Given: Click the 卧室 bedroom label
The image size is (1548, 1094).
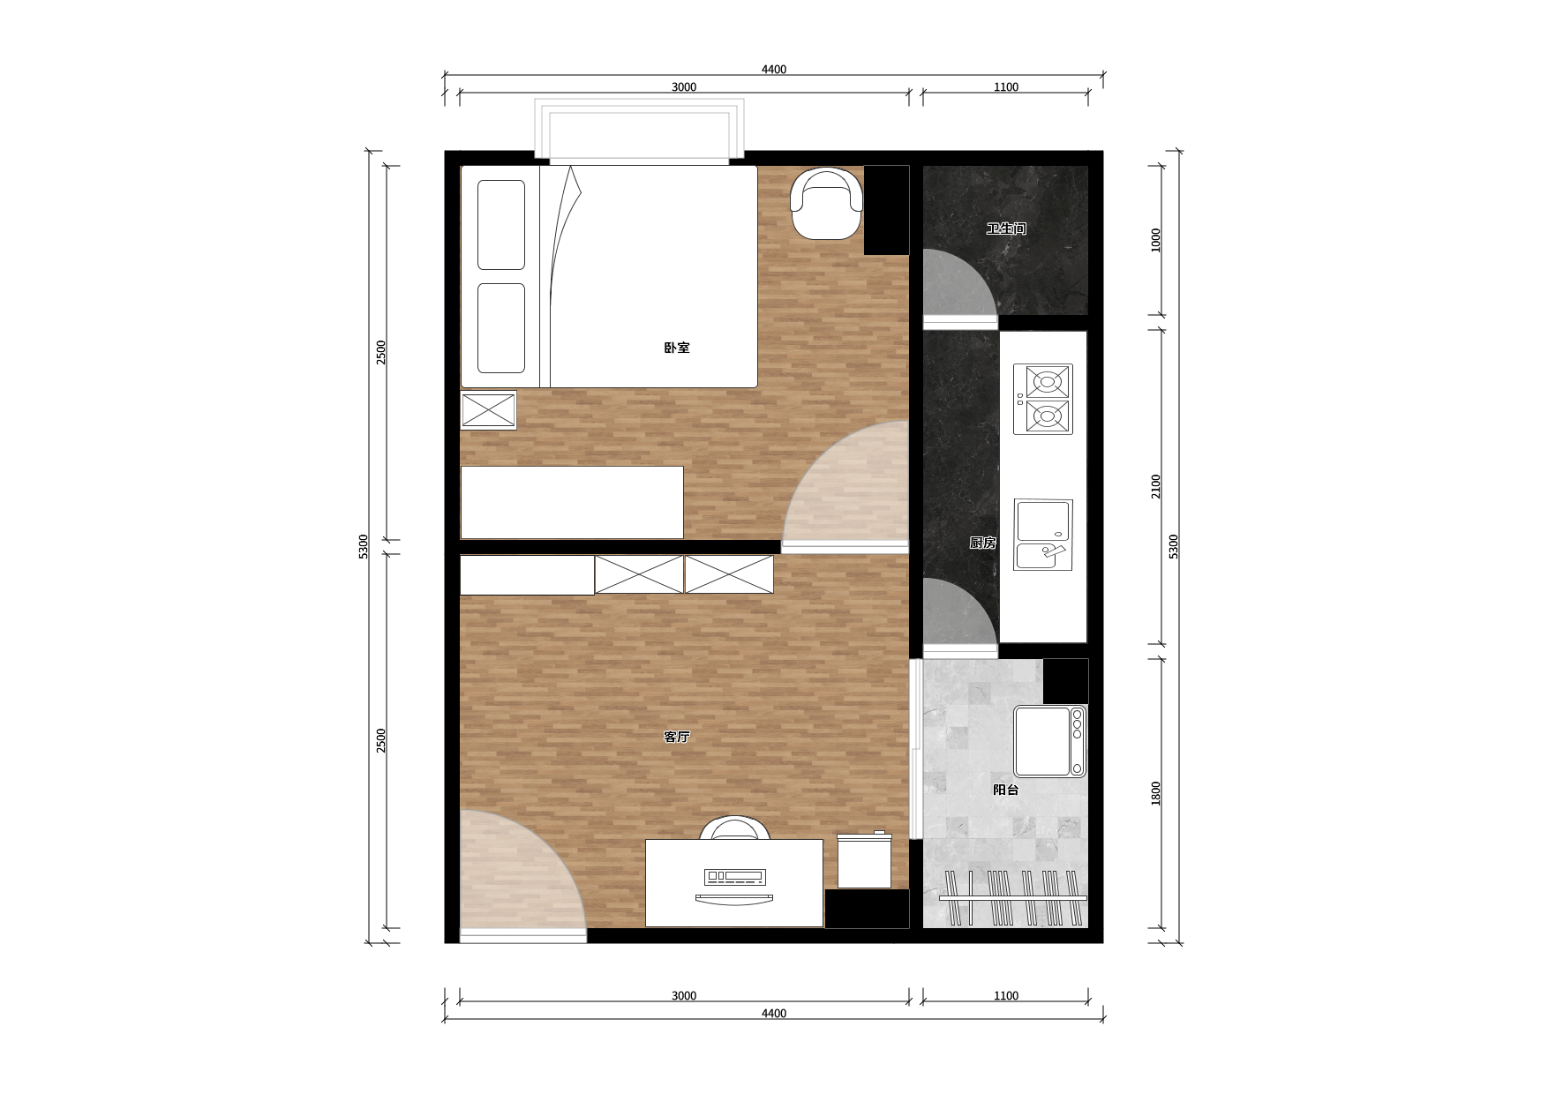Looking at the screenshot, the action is pos(677,348).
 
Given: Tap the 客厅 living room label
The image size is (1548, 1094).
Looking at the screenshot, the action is pos(677,737).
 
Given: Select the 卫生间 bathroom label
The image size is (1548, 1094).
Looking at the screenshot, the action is pos(1006,229).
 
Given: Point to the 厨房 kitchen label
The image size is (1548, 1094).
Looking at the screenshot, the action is pos(983,543).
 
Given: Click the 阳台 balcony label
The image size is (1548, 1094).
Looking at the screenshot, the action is pos(1006,790).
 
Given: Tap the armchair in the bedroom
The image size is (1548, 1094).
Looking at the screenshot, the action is pos(826,204).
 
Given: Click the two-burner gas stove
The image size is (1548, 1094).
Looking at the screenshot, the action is pos(1043,399).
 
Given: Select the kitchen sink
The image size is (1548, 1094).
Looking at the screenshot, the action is pos(1043,535).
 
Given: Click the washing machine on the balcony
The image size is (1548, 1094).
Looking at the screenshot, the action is pos(1049,741).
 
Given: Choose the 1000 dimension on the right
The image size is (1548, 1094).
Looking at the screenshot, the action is pos(1156,240).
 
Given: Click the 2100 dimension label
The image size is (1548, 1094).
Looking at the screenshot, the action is pos(1156,486).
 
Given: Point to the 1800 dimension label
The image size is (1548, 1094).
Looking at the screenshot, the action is pos(1156,793).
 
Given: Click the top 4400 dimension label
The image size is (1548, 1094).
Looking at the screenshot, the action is pos(774,70).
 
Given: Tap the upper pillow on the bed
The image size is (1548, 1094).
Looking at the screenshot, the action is pos(501,225).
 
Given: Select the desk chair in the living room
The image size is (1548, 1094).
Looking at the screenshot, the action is pos(734,828).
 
